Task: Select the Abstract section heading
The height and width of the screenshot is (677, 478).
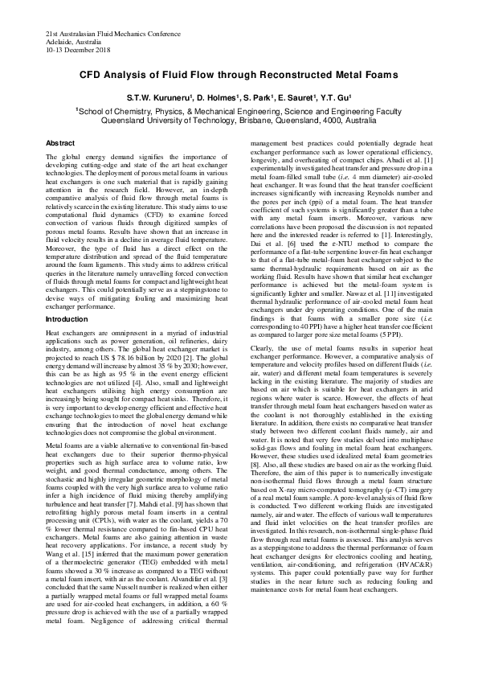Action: [60, 142]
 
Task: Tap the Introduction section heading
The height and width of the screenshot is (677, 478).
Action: [67, 319]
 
